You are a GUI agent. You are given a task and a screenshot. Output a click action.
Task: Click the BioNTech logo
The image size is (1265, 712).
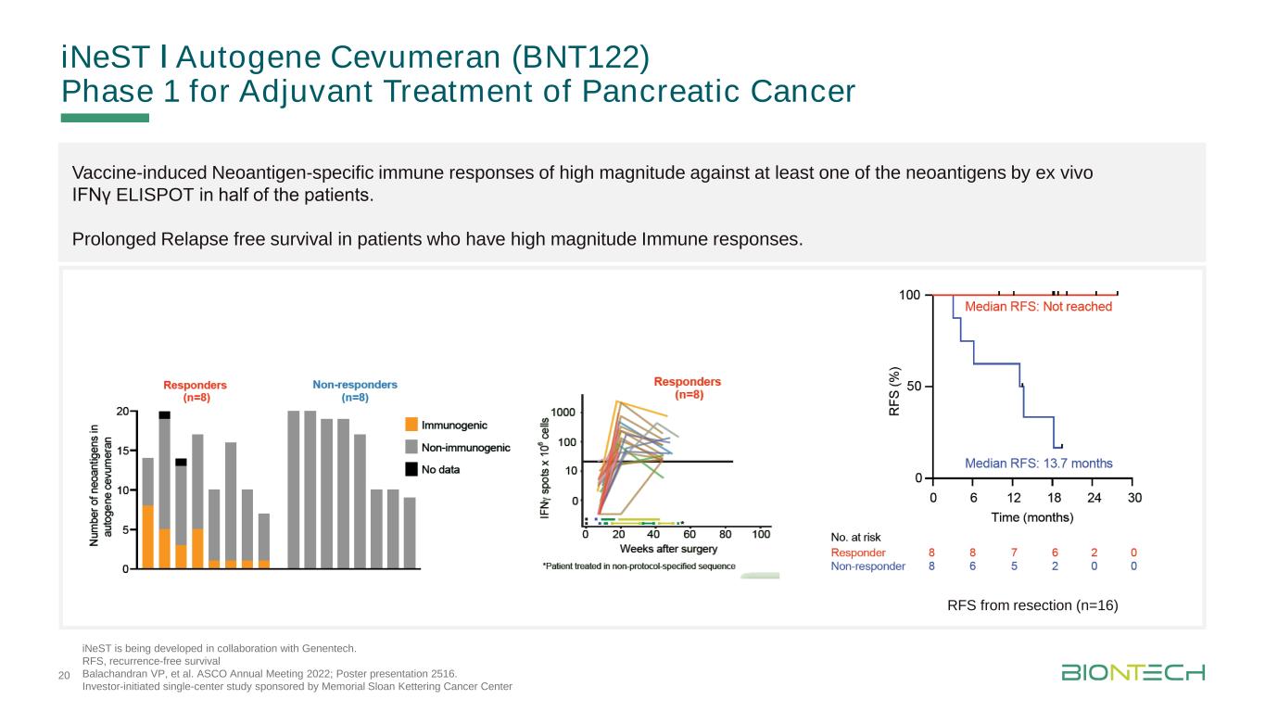pos(1133,671)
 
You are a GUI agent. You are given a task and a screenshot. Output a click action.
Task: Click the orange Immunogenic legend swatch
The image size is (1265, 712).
pos(411,425)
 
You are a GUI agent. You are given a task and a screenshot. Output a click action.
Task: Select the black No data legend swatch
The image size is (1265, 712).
pos(411,469)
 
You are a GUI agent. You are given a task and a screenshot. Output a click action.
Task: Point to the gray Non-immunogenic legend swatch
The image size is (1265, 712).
pos(411,447)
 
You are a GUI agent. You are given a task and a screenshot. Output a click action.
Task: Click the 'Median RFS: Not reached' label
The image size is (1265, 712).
pos(1038,306)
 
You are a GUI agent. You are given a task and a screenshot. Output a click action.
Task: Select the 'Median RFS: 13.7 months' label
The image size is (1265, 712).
pos(1039,463)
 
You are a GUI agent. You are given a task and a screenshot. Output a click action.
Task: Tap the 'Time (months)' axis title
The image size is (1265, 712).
pos(1032,516)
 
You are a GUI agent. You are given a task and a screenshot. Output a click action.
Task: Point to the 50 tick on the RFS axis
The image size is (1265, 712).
pos(912,386)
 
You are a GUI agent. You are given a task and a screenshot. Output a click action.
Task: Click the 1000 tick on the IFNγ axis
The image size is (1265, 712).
pos(564,412)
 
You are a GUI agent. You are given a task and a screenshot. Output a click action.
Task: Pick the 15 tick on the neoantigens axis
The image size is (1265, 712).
pos(122,451)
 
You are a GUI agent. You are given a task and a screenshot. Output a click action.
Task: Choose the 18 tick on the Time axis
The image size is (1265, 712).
pos(1054,497)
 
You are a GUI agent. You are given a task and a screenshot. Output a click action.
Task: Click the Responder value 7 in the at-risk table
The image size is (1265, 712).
pos(1014,553)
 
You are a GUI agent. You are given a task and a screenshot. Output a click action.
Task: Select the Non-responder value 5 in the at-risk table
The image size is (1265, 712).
pos(1014,566)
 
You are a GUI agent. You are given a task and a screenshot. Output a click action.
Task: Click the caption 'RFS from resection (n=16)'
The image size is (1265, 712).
pos(1032,606)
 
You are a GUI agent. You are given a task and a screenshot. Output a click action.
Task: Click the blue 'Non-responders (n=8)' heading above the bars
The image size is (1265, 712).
pos(355,390)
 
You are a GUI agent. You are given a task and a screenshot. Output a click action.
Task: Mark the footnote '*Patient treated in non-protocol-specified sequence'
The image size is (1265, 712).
pos(639,566)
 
